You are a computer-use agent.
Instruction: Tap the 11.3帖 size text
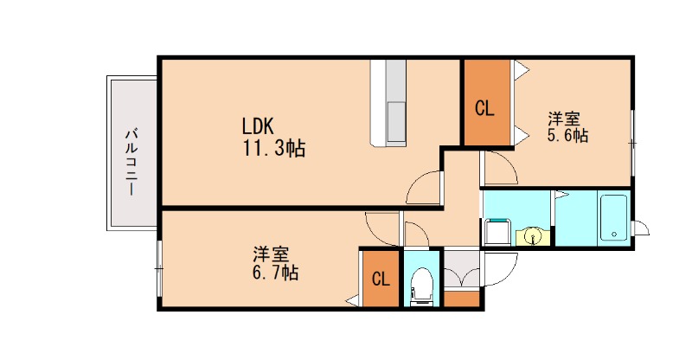point(272,148)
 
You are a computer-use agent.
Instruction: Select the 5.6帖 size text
point(567,135)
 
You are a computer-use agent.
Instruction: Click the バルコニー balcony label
point(131,161)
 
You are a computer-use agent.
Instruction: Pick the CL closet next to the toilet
point(380,279)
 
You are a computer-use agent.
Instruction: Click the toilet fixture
point(422,285)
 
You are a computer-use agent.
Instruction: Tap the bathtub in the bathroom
point(612,217)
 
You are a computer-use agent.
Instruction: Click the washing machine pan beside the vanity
point(498,232)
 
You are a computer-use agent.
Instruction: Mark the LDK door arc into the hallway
point(424,187)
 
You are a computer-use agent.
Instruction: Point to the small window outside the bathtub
point(641,228)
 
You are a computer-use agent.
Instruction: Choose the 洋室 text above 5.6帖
point(563,118)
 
